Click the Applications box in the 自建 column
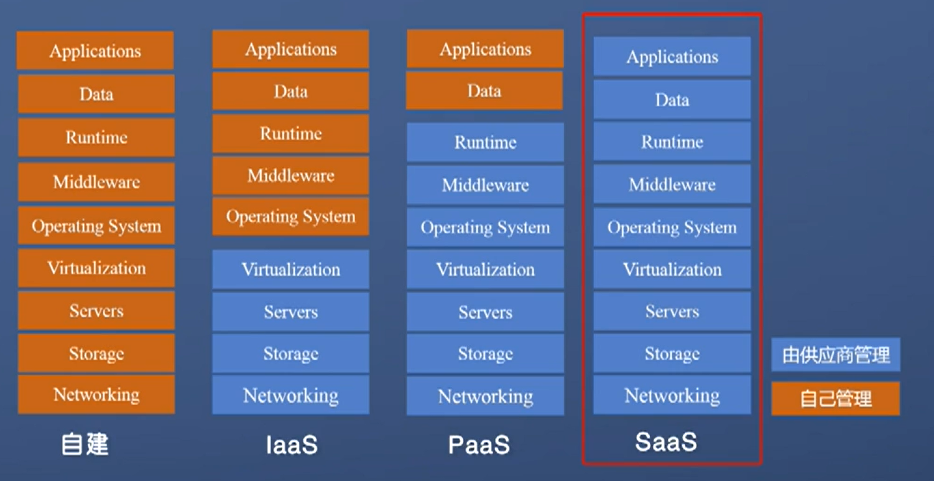[x=95, y=51]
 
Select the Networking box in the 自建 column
[x=96, y=395]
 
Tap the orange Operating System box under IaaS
[x=290, y=217]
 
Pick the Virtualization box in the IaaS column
[x=290, y=269]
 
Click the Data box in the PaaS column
[x=484, y=91]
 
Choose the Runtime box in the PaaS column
[x=485, y=142]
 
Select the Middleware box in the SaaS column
[x=672, y=184]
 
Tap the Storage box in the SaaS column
[x=672, y=354]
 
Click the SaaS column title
[x=665, y=442]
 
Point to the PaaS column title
[x=479, y=445]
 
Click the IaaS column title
[x=292, y=445]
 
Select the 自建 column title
[x=85, y=445]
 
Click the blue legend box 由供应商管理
[x=836, y=355]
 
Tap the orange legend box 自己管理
[x=836, y=398]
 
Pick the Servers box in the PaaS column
[x=485, y=312]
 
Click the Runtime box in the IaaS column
[x=290, y=134]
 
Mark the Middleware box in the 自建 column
[x=96, y=182]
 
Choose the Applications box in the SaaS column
[x=672, y=57]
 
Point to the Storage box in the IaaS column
[x=290, y=354]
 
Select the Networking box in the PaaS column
[x=485, y=396]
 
